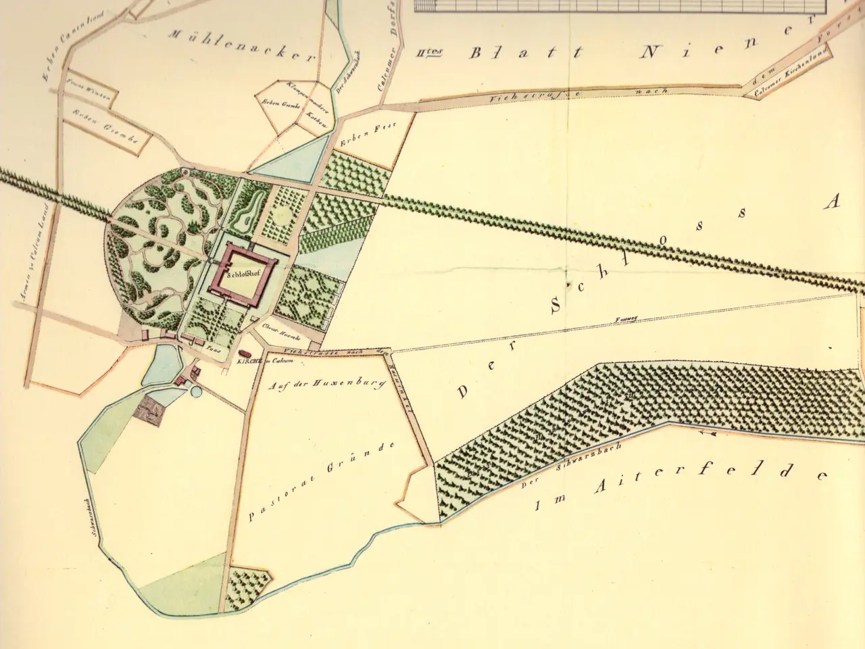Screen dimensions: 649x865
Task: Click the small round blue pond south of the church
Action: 195,391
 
